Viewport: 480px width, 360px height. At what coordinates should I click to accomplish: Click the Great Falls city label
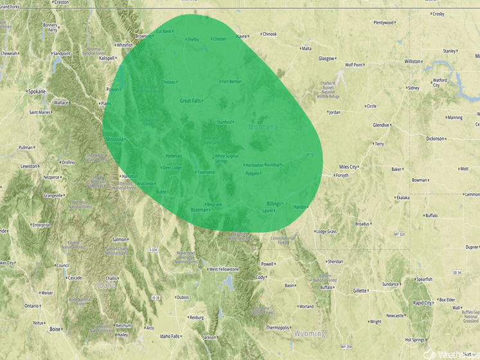click(x=190, y=101)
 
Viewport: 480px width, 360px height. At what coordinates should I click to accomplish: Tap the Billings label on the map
click(x=274, y=204)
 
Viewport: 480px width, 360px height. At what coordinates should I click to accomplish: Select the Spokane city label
click(x=36, y=92)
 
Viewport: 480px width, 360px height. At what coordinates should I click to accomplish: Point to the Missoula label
click(x=114, y=139)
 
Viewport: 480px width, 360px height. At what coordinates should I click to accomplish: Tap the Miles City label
click(x=348, y=167)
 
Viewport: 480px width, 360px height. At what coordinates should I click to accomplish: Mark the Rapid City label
click(x=422, y=303)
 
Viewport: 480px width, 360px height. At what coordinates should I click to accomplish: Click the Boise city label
click(x=55, y=329)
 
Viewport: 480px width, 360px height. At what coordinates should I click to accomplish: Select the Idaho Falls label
click(x=170, y=336)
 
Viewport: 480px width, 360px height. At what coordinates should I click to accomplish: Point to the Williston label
click(x=413, y=62)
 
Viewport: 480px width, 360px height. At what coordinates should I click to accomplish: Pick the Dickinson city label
click(x=434, y=138)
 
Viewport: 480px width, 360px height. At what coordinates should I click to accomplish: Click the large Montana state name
click(x=263, y=127)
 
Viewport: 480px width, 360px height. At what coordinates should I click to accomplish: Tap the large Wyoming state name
click(x=310, y=334)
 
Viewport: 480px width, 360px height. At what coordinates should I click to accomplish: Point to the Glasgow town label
click(x=326, y=59)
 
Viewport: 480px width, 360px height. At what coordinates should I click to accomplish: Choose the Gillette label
click(x=359, y=291)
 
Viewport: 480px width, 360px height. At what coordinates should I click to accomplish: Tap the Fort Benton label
click(x=232, y=82)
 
